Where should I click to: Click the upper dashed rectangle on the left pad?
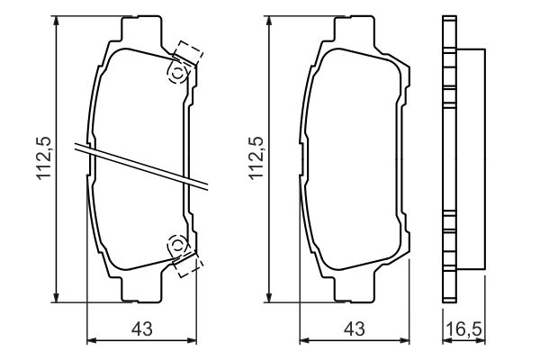tap(189, 52)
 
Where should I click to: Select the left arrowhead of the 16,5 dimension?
tap(445, 341)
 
